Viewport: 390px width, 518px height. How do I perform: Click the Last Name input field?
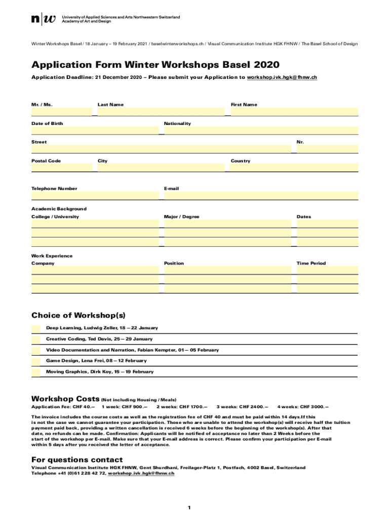(x=161, y=112)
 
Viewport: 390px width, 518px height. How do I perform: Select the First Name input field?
(x=294, y=112)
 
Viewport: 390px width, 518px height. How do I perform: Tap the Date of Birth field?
(x=95, y=131)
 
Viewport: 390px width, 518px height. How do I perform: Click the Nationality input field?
(x=261, y=131)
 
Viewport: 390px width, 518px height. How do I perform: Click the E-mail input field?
(x=261, y=196)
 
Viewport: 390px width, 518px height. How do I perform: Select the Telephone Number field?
(x=95, y=196)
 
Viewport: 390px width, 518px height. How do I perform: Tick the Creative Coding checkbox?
(x=36, y=339)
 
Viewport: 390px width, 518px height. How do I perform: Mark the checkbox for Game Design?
(x=36, y=361)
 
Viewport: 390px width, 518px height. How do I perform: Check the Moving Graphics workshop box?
(x=36, y=372)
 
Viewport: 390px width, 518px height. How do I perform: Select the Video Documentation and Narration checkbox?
(x=36, y=351)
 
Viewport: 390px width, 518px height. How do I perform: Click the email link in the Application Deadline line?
(x=282, y=77)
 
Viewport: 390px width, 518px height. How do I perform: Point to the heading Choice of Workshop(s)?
(x=78, y=316)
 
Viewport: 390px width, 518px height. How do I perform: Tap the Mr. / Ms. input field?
(x=62, y=112)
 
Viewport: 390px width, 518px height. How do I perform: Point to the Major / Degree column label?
(x=181, y=217)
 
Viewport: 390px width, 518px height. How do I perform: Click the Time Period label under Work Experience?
(x=311, y=264)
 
